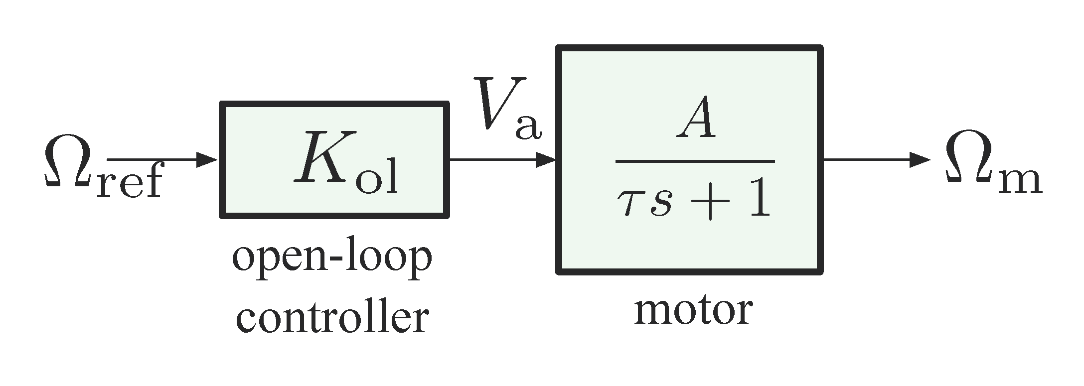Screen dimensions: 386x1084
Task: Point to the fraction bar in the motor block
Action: click(695, 161)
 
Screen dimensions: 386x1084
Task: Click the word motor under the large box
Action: click(693, 311)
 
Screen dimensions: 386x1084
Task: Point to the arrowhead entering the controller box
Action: click(208, 160)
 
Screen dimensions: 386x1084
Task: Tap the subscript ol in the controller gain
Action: click(376, 177)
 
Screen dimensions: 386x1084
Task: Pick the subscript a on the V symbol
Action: click(527, 127)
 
